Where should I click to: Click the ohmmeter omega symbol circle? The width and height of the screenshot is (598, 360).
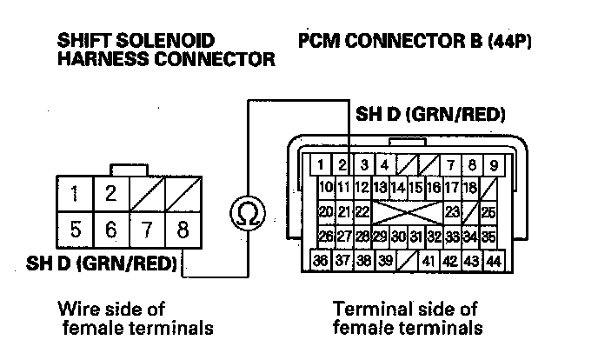point(247,214)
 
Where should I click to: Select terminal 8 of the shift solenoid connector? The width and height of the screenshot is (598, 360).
point(183,230)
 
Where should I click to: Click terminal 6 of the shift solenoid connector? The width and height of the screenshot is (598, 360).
point(111,230)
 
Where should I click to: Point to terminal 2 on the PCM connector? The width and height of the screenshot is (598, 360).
point(343,164)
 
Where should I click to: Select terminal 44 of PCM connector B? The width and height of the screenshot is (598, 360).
point(494,261)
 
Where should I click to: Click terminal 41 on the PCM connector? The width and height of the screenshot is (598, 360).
point(428,261)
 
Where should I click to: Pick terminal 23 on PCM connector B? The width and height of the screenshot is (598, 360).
point(452,211)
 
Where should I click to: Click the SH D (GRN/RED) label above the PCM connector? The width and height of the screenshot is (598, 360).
point(431,115)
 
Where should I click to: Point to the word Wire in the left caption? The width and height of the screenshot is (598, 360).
point(77,309)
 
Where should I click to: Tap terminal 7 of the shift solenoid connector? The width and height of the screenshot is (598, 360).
point(147,230)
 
